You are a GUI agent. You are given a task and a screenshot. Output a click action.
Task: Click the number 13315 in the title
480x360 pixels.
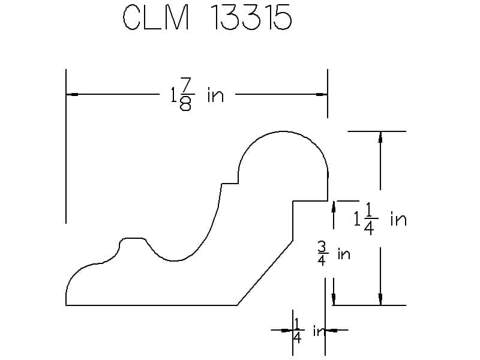251,19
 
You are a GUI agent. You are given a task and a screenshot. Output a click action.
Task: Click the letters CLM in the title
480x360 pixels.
155,19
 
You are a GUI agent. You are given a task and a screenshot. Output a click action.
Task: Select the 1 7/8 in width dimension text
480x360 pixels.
197,95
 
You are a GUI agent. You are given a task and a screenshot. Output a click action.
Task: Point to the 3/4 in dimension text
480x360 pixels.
334,254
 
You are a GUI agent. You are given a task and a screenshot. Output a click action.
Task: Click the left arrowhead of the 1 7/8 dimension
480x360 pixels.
72,94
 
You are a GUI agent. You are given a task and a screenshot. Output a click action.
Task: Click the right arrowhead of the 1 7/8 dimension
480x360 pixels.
322,94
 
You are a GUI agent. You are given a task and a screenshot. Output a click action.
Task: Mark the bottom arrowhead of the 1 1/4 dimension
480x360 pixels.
380,299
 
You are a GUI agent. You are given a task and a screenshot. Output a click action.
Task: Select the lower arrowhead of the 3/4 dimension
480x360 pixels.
333,299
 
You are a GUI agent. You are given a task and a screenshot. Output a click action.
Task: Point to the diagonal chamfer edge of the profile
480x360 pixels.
265,273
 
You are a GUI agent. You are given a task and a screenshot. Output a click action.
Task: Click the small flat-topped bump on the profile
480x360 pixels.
133,239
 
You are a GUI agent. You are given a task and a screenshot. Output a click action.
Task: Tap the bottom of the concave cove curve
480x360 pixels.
175,261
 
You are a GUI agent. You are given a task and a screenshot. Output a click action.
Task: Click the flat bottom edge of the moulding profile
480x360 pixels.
150,305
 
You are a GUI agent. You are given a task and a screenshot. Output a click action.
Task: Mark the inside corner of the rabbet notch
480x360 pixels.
292,201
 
